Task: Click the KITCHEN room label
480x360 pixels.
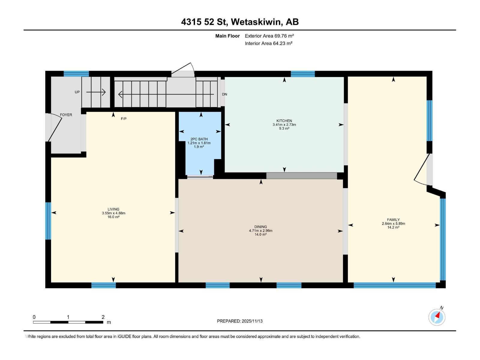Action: (284, 121)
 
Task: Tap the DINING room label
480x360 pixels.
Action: (260, 227)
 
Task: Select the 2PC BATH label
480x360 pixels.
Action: (199, 139)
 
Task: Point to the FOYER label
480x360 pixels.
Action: (66, 115)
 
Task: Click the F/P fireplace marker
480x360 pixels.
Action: (124, 119)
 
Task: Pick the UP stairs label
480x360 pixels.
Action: (77, 92)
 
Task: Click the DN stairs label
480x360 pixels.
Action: (224, 94)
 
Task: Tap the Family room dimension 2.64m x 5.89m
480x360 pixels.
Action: (393, 223)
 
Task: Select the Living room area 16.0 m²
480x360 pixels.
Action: (113, 217)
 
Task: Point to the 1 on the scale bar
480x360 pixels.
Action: (68, 317)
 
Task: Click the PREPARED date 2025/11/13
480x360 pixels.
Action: (240, 321)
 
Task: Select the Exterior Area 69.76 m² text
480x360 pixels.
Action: (269, 36)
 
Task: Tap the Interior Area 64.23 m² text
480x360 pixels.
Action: (268, 43)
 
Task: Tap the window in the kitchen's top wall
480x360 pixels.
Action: (303, 74)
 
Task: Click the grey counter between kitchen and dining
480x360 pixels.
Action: (301, 176)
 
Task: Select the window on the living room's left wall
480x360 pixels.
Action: (48, 221)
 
